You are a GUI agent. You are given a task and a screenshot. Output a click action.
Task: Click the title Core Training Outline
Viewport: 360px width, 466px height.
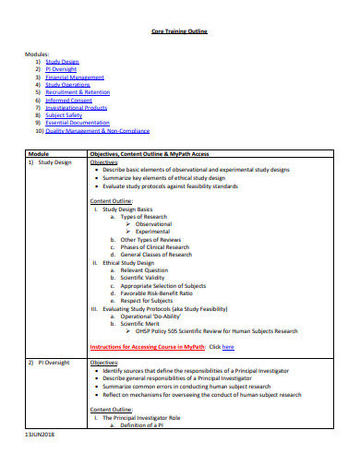click(179, 31)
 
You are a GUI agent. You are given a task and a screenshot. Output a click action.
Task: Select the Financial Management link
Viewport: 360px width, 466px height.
click(75, 78)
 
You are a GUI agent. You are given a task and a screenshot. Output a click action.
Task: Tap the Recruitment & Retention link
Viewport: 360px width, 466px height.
click(78, 92)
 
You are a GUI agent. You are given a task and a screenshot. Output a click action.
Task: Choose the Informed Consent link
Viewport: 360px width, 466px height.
click(66, 100)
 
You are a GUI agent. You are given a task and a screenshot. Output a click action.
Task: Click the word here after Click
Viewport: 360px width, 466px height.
click(228, 347)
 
